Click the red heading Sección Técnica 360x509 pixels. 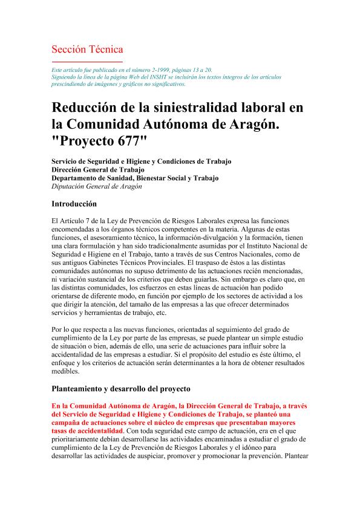87,49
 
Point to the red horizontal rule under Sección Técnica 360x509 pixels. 87,62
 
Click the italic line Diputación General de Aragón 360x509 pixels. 97,187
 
